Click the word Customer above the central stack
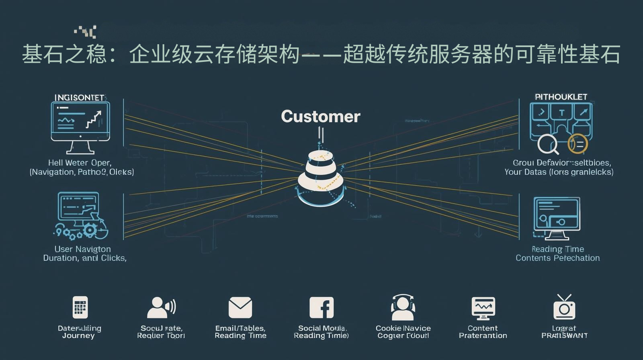[x=320, y=117]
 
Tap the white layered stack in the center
[x=321, y=177]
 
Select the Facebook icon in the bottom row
[x=321, y=308]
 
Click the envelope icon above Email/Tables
[x=240, y=308]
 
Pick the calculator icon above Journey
[x=80, y=307]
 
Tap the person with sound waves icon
[x=161, y=308]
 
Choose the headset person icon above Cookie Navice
[x=403, y=308]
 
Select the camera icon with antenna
[x=564, y=307]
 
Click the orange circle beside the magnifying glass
[x=577, y=144]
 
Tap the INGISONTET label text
[x=79, y=98]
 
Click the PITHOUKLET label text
[x=561, y=97]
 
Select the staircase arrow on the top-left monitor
[x=94, y=119]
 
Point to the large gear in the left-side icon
[x=90, y=230]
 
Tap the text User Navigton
[x=82, y=249]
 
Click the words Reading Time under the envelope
[x=240, y=336]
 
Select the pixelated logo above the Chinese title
[x=86, y=31]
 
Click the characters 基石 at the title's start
[x=43, y=54]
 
